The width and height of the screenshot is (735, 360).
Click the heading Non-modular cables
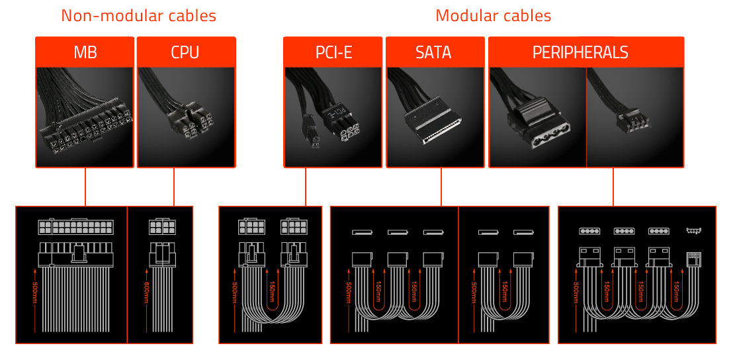click(x=138, y=16)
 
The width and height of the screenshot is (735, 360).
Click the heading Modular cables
click(x=493, y=16)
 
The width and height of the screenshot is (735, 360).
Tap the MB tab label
click(x=85, y=52)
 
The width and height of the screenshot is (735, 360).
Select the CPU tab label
click(x=185, y=52)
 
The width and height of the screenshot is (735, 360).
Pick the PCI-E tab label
click(x=333, y=52)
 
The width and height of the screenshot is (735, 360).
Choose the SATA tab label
click(x=434, y=52)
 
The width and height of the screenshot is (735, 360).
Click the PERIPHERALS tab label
click(x=580, y=52)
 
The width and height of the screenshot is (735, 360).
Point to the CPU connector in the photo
click(x=192, y=122)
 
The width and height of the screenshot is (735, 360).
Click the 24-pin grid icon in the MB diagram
click(x=76, y=226)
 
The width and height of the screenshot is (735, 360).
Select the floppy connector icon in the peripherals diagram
click(x=693, y=231)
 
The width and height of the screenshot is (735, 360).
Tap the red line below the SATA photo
click(x=441, y=186)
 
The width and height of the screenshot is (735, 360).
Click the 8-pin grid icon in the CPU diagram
click(x=162, y=226)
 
